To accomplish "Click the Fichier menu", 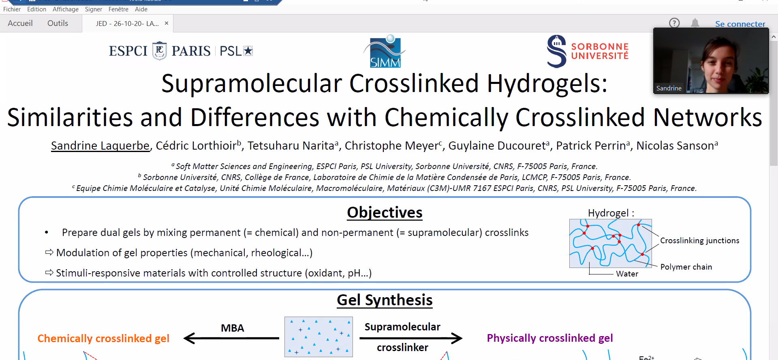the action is (12, 9).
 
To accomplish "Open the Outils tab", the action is (58, 23).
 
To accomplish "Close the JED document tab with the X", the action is (167, 23).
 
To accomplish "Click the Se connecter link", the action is (740, 24).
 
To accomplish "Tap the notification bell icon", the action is (695, 23).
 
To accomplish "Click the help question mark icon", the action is (674, 23).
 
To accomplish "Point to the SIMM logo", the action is (385, 51).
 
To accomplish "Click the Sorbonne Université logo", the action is (588, 51).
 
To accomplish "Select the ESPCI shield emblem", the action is (159, 51).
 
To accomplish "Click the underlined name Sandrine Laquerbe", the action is (100, 146).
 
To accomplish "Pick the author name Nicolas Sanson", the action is (675, 146).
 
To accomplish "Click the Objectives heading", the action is (385, 212).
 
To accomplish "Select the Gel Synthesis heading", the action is (385, 300).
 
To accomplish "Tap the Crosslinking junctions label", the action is (700, 240).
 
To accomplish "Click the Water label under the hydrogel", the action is (627, 274).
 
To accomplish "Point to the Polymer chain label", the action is (686, 267).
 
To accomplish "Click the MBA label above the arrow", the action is (232, 328).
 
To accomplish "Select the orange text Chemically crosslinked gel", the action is (103, 339).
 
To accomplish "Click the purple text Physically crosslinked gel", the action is (550, 338).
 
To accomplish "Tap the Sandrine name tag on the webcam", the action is (669, 88).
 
